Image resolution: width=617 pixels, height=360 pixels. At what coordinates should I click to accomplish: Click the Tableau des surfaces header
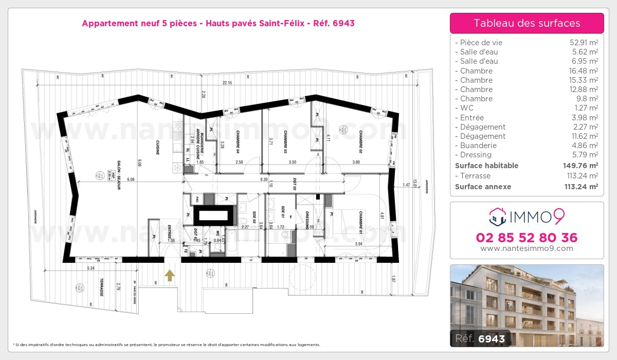527,23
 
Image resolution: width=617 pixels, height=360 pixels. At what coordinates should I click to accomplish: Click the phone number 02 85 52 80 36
527,238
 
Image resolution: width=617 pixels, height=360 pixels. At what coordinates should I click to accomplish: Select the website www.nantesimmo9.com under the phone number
527,248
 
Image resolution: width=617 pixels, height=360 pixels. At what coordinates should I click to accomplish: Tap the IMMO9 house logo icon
497,217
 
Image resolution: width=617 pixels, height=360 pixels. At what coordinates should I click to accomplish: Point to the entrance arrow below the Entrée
170,276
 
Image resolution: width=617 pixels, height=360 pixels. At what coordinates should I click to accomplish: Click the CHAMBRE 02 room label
360,141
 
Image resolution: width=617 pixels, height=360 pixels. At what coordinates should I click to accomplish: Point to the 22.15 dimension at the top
227,83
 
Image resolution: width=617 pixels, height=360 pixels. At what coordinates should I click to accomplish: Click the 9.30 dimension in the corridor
263,179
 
